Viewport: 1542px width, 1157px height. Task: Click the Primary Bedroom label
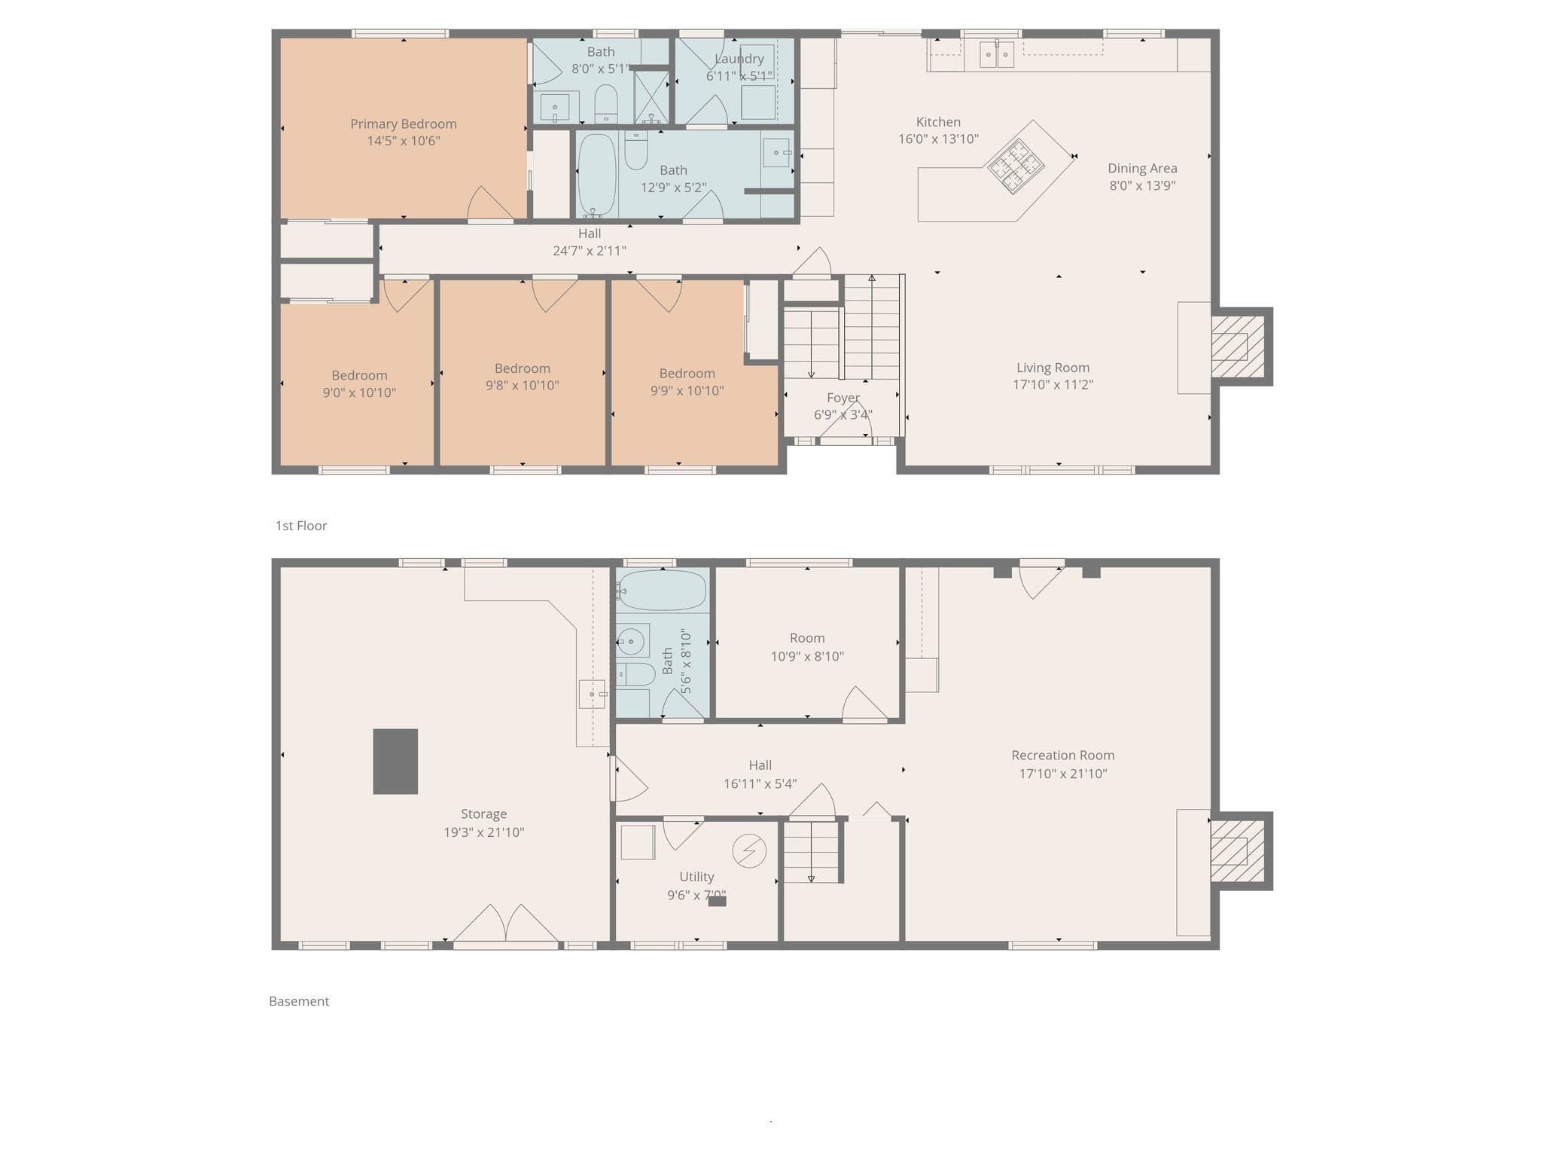click(403, 124)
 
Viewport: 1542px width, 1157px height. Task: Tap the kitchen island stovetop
click(1016, 166)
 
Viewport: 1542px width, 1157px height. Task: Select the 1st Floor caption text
click(300, 526)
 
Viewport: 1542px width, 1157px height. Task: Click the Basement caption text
click(299, 1001)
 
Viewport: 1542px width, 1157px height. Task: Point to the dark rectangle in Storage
click(395, 761)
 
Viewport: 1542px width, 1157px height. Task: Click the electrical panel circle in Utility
click(749, 851)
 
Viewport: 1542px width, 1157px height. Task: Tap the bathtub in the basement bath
click(662, 590)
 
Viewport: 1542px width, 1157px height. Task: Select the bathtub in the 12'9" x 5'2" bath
click(597, 174)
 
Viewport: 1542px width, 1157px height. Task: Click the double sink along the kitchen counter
click(997, 55)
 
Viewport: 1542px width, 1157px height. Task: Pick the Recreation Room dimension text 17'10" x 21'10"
click(1062, 774)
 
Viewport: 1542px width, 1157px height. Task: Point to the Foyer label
click(843, 398)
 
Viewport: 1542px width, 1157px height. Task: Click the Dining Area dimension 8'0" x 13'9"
click(1141, 185)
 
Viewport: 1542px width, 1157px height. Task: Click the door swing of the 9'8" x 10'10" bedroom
click(555, 294)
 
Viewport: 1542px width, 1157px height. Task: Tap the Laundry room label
click(739, 59)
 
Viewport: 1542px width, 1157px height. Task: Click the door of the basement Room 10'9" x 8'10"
click(864, 704)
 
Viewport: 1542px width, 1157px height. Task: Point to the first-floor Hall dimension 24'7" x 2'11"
click(589, 251)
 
